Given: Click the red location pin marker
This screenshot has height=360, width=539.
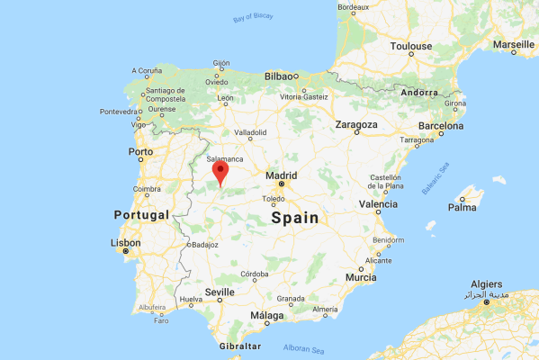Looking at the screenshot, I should [220, 171].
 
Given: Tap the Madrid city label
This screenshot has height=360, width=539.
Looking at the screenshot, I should [282, 174].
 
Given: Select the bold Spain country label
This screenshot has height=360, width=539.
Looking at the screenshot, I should [295, 218].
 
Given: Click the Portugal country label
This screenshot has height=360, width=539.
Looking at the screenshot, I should [141, 215].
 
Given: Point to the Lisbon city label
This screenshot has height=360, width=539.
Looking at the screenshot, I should [125, 243].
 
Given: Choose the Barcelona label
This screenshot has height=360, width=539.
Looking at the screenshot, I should [440, 126].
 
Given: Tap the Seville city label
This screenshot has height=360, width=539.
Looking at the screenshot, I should [220, 292].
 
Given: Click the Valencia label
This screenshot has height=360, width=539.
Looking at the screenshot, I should [378, 204].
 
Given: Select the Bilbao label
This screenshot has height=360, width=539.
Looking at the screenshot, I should [280, 76].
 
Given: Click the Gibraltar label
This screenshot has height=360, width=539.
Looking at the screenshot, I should [239, 346].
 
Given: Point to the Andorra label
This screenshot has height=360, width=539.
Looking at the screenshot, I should [419, 92].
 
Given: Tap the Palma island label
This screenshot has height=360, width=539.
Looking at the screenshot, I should [463, 207].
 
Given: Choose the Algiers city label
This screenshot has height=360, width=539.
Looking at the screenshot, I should [486, 284].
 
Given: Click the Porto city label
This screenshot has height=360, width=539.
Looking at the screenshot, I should [141, 151].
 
